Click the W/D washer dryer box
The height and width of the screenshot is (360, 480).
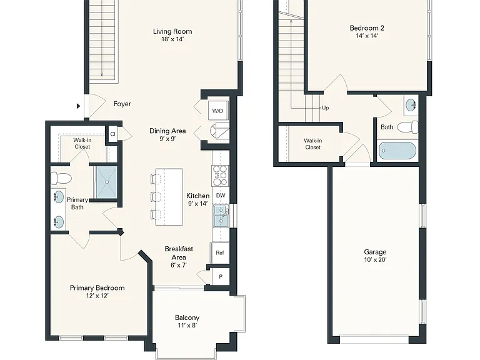pos(218,111)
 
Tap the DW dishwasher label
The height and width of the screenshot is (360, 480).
pos(221,195)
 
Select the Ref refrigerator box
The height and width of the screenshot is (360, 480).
pos(220,252)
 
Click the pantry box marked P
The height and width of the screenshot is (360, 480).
pos(221,277)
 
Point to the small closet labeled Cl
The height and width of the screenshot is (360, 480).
pos(113,134)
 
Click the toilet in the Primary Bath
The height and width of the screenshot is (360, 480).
pos(61,178)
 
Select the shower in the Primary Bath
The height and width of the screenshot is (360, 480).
pos(107,182)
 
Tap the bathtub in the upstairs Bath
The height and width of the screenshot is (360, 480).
pos(397,151)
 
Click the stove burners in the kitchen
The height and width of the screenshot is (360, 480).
pos(221,176)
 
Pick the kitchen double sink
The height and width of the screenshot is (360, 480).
pos(221,216)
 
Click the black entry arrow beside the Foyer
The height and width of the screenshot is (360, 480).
pos(78,106)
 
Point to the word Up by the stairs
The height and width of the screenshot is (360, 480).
pos(326,107)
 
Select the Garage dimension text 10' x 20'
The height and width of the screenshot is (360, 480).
pos(375,260)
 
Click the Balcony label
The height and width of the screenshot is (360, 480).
pos(187,317)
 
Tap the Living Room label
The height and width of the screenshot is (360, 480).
pos(172,31)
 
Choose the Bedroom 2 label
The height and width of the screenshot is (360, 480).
pos(367,28)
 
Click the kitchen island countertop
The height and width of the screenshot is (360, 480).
pos(169,197)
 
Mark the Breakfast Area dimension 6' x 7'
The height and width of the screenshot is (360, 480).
pos(179,265)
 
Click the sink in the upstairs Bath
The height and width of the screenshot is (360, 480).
pos(411,105)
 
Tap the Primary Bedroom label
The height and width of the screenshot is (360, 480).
pos(97,287)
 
